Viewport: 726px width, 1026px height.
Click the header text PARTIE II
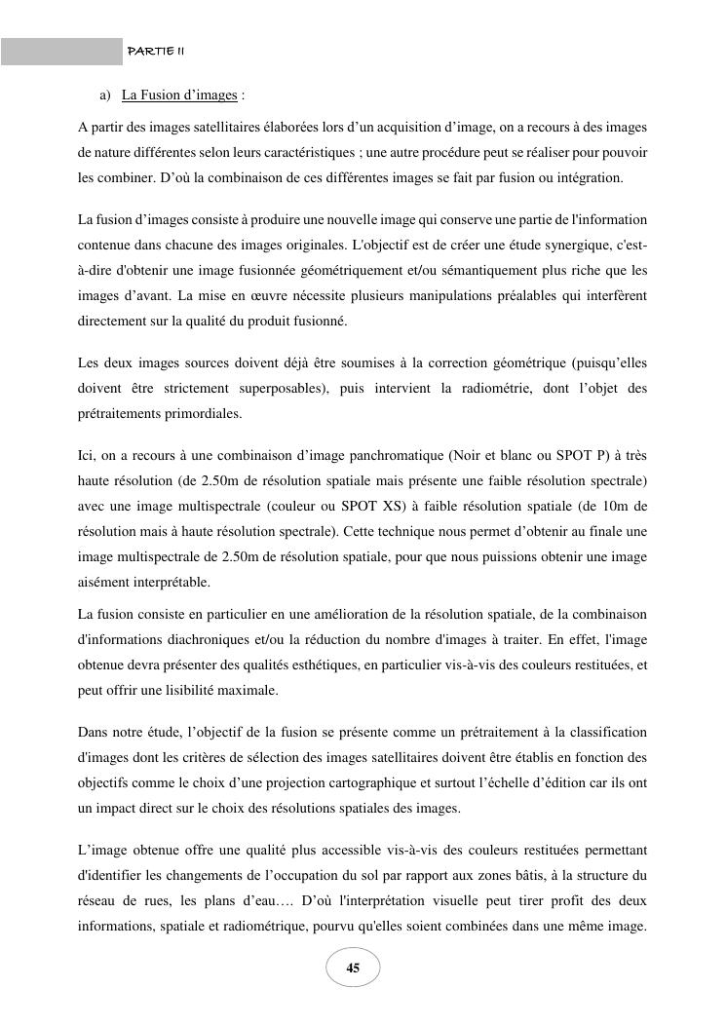149,51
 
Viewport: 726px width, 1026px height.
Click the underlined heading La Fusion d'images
180,95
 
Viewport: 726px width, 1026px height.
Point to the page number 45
353,968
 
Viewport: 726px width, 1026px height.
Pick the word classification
608,732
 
